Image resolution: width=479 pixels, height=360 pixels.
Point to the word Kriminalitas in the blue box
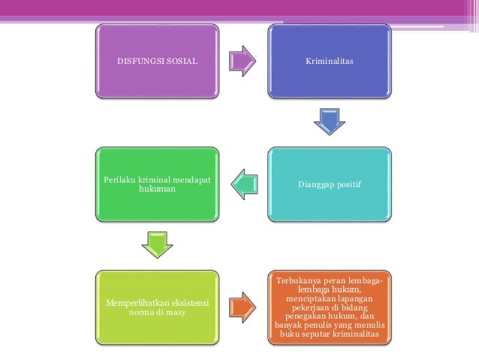[330, 59]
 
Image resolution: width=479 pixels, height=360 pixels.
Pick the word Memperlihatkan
[135, 301]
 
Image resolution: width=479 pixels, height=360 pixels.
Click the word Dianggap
[316, 183]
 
